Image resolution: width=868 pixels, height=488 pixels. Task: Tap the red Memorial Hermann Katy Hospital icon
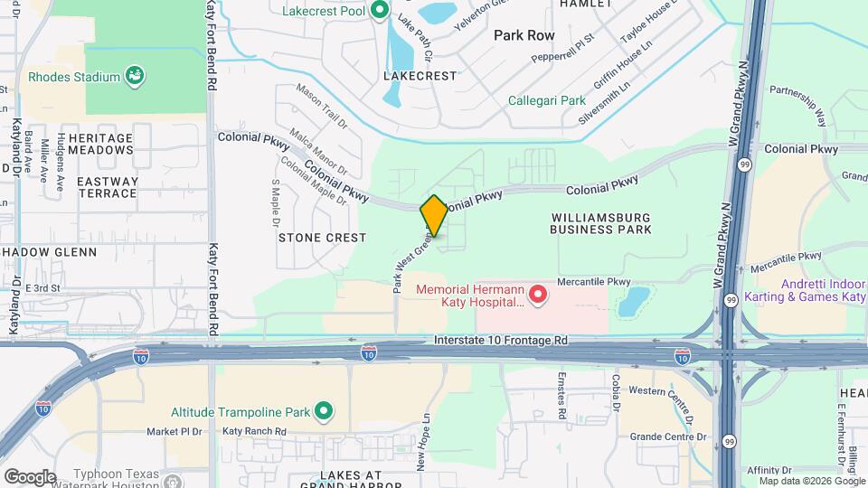pyautogui.click(x=538, y=293)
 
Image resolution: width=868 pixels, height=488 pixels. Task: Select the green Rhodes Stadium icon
pyautogui.click(x=135, y=76)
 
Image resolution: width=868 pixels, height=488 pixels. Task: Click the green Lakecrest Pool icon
pyautogui.click(x=381, y=11)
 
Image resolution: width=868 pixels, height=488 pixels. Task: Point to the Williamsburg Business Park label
pyautogui.click(x=601, y=223)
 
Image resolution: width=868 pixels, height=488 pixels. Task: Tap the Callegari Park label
pyautogui.click(x=545, y=100)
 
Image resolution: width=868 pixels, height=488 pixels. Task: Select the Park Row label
pyautogui.click(x=524, y=35)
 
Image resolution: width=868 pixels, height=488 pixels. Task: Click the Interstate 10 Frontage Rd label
pyautogui.click(x=500, y=341)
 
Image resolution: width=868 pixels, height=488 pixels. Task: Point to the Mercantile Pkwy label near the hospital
pyautogui.click(x=593, y=281)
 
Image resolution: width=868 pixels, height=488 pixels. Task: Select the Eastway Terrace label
pyautogui.click(x=107, y=187)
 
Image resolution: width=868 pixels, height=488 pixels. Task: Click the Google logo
pyautogui.click(x=30, y=476)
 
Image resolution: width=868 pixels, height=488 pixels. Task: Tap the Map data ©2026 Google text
pyautogui.click(x=805, y=481)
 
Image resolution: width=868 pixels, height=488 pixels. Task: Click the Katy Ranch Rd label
pyautogui.click(x=254, y=432)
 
